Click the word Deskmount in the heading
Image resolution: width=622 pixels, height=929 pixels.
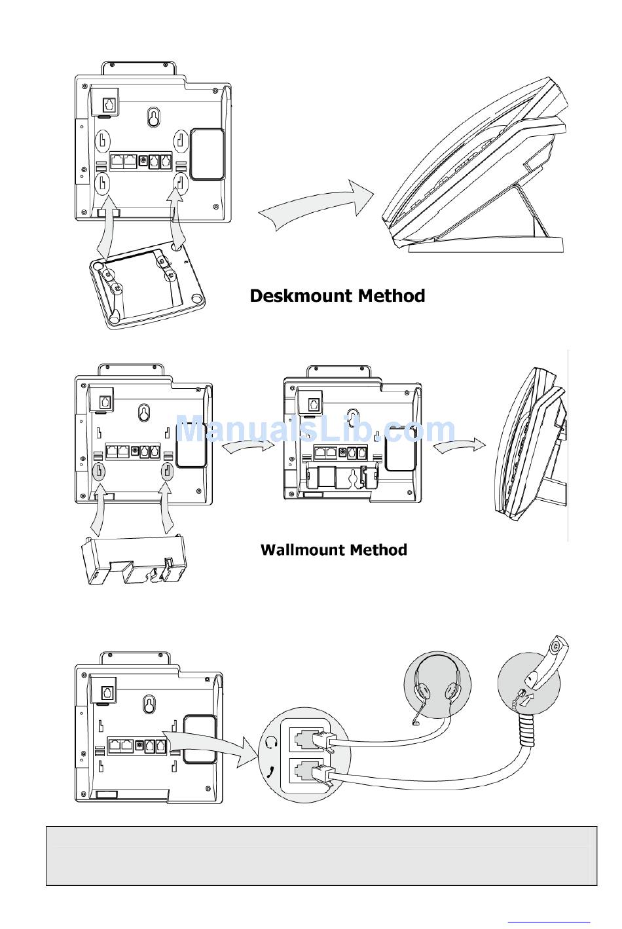(301, 296)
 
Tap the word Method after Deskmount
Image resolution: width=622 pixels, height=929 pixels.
(392, 296)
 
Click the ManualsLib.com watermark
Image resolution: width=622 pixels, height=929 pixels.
(316, 429)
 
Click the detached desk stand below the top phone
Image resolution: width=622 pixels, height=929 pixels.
(147, 285)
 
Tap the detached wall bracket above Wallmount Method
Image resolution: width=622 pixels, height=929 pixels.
(134, 560)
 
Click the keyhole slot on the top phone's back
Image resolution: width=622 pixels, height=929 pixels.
(154, 117)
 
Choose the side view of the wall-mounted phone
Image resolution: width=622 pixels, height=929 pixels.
(532, 444)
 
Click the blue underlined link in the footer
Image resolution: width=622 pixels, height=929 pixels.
(549, 921)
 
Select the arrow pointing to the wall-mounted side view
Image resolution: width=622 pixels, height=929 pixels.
(460, 446)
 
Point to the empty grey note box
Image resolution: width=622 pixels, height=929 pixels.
(321, 856)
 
